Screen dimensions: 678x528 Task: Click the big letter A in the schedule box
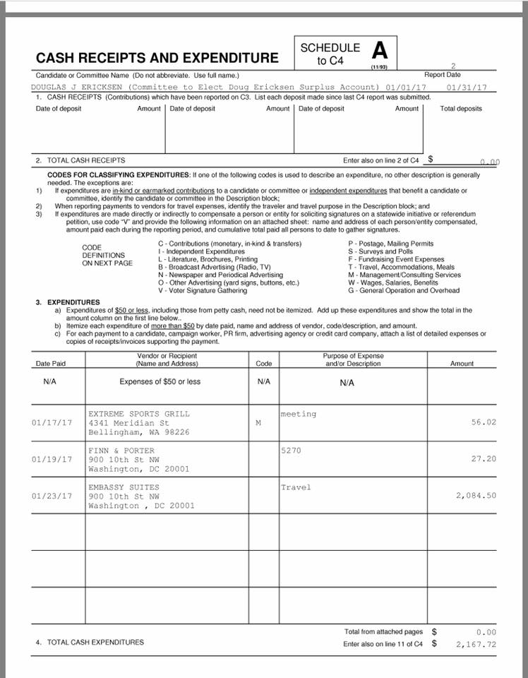380,51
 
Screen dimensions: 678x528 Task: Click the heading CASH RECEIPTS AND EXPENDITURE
157,58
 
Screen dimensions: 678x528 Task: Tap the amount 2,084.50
476,496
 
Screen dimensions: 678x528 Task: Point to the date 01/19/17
52,459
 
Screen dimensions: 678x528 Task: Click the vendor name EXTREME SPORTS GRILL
139,413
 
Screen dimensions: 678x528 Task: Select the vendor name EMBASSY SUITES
124,487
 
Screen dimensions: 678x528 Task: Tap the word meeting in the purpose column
299,414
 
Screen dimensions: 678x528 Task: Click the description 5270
291,451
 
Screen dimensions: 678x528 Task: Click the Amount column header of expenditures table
462,364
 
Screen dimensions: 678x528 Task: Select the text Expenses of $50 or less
160,382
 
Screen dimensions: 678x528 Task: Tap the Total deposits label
461,109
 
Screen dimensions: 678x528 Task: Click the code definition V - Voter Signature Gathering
203,291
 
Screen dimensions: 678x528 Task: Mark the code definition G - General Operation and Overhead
403,291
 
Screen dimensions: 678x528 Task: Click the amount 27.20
483,459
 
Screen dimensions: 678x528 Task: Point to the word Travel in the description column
296,487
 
